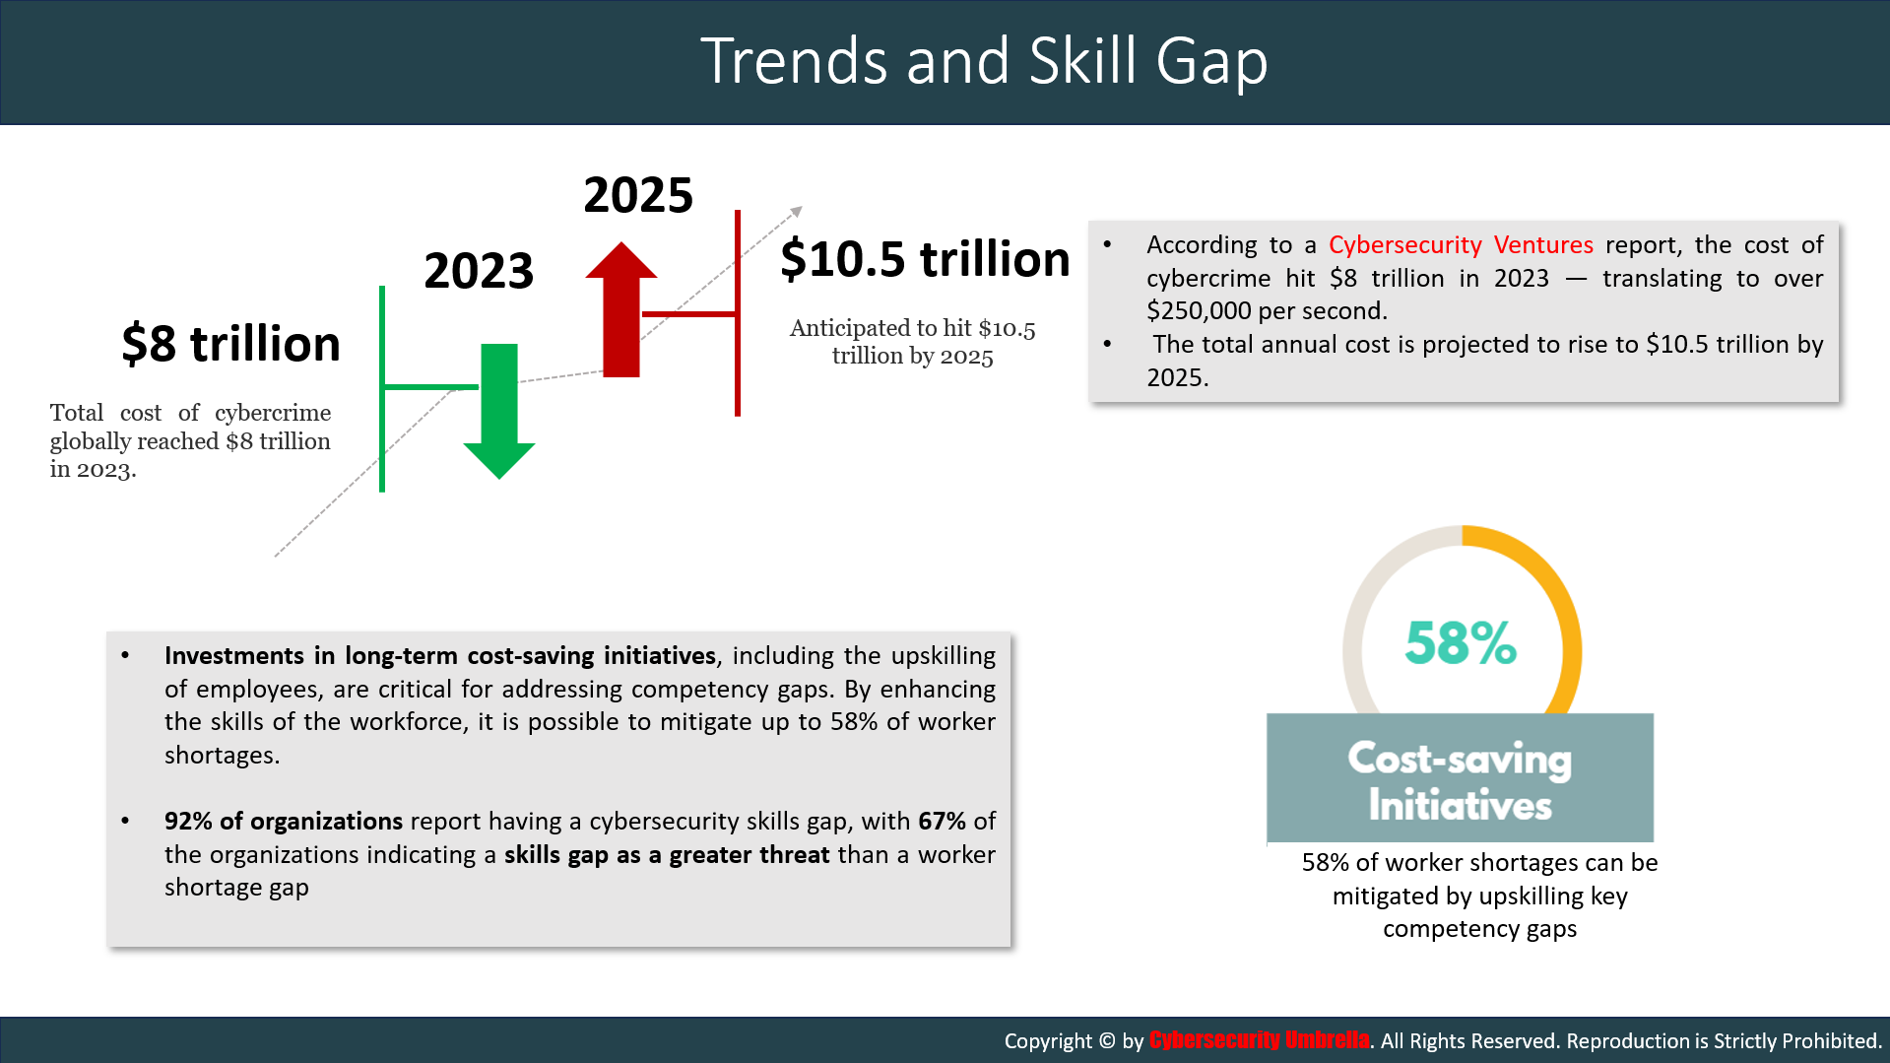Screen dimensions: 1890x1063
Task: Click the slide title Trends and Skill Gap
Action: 984,61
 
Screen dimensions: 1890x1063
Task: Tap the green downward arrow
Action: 499,412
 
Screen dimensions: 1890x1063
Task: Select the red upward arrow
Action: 621,309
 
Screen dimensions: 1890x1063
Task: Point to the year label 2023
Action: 479,270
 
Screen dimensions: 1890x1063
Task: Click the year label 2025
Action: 638,194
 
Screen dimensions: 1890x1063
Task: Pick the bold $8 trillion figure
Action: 230,343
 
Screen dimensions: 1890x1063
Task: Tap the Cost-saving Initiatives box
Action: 1460,778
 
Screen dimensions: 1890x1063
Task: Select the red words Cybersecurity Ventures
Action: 1461,244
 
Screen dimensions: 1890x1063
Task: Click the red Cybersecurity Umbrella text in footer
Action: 1259,1040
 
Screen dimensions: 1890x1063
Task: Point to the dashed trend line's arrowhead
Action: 797,211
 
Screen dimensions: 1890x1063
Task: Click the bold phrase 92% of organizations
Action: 284,821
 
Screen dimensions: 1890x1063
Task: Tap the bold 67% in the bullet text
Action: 942,821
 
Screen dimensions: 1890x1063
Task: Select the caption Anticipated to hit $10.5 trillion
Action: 912,342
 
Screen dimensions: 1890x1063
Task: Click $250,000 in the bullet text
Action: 1201,310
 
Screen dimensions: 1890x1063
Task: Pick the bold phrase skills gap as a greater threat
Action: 667,854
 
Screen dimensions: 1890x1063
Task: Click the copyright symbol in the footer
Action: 1107,1040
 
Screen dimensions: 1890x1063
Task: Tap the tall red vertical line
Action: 738,313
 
